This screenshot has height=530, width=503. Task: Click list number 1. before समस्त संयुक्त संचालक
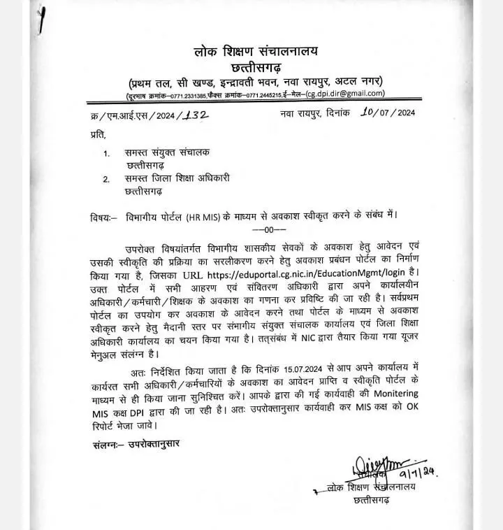[106, 152]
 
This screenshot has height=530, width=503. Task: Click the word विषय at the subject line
[103, 215]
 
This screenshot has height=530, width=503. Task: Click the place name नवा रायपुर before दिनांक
[303, 112]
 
